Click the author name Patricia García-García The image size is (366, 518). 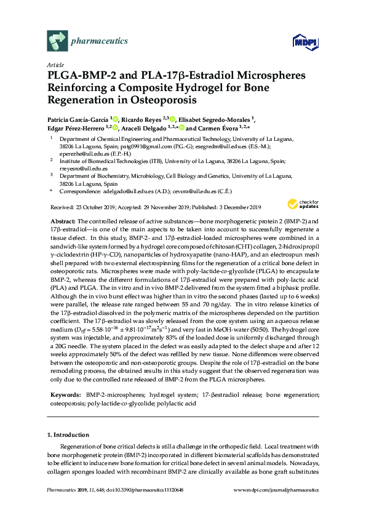[x=78, y=119]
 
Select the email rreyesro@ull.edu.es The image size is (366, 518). [x=80, y=167]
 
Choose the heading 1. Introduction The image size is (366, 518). [x=68, y=435]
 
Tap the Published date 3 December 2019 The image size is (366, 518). [x=233, y=207]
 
